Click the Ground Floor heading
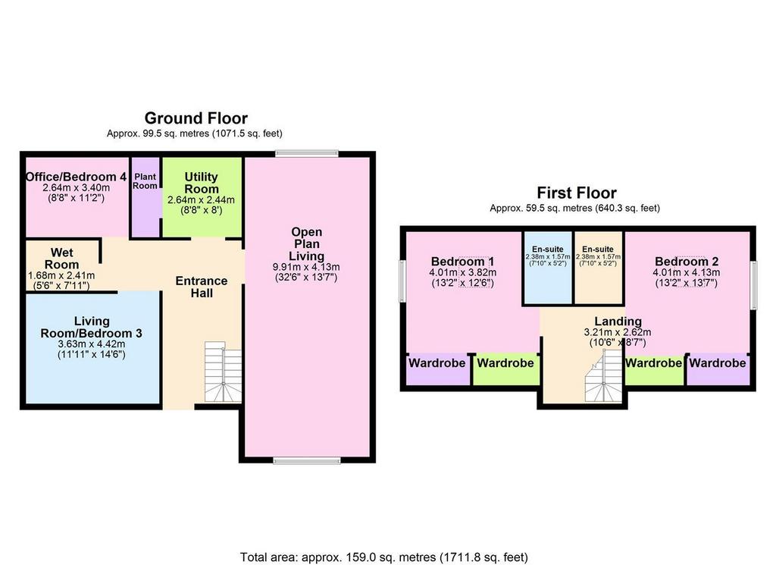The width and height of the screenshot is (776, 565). click(196, 118)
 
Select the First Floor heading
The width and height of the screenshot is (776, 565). click(577, 193)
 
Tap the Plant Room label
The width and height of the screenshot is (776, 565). click(145, 181)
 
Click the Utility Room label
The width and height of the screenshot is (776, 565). click(201, 183)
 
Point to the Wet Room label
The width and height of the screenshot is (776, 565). click(62, 259)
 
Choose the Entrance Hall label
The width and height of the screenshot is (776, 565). click(202, 287)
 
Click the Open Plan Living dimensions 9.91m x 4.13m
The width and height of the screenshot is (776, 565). click(306, 268)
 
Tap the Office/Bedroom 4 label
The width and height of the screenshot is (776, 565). click(77, 177)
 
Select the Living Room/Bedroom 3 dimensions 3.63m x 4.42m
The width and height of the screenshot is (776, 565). click(92, 344)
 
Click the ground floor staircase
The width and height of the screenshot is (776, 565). click(224, 372)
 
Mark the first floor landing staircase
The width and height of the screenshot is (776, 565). click(604, 376)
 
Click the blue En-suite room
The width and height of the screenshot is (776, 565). click(547, 268)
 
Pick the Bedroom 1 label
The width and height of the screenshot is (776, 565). click(463, 262)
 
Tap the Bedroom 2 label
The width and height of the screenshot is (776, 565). click(687, 262)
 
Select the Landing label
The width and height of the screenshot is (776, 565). click(618, 322)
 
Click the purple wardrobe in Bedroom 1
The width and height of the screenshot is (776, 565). click(437, 369)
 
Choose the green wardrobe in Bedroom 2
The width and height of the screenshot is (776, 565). click(654, 369)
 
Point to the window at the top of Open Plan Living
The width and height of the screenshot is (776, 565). click(307, 153)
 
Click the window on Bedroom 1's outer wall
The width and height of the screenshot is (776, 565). click(403, 281)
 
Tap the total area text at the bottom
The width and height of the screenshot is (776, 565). click(384, 557)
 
